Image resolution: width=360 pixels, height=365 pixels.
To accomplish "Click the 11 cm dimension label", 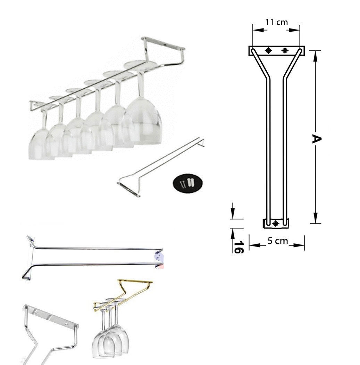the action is tap(276, 22).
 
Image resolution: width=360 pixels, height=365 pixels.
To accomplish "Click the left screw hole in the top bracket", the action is tap(268, 50).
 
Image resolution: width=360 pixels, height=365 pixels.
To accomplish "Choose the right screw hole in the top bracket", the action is tap(285, 50).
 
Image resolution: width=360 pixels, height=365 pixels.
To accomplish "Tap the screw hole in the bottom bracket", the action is tap(276, 224).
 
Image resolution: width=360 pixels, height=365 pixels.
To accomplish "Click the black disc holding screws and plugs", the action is tap(187, 183).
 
